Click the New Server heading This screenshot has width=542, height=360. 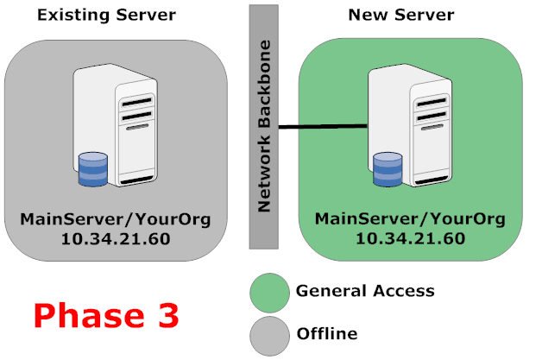point(400,15)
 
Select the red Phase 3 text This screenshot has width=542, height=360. point(106,314)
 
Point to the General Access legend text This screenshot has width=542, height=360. point(364,291)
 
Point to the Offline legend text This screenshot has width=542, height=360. point(326,333)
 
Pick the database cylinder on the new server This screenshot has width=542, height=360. point(388,169)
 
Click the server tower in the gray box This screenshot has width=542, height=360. point(117,129)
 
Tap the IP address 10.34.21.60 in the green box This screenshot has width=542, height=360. point(412,236)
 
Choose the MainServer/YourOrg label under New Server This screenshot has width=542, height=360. point(412,216)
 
